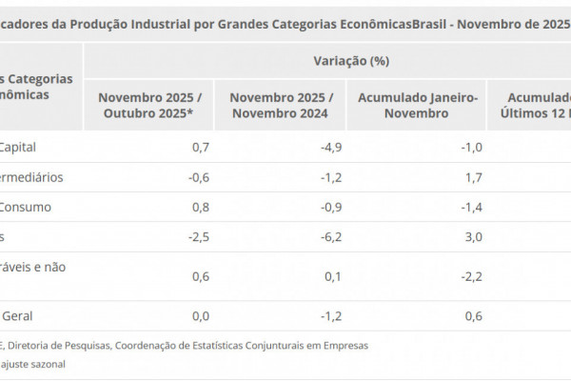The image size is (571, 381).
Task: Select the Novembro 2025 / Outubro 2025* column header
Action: click(x=148, y=105)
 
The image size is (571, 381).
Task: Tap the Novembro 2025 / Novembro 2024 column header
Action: click(x=281, y=105)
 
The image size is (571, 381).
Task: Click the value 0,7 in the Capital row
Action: click(x=200, y=147)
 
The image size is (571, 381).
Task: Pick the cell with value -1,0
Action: click(x=472, y=147)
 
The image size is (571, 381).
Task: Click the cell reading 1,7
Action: click(x=474, y=177)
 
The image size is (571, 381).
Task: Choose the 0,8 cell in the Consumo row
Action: click(x=200, y=207)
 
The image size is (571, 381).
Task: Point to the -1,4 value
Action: click(x=472, y=207)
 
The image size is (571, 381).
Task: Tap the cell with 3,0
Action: click(x=474, y=237)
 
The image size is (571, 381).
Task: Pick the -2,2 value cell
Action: click(x=472, y=276)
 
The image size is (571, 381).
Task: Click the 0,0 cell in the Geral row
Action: click(x=200, y=316)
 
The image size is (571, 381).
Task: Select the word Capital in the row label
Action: click(x=21, y=147)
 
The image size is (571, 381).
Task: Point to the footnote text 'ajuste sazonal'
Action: click(x=35, y=364)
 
